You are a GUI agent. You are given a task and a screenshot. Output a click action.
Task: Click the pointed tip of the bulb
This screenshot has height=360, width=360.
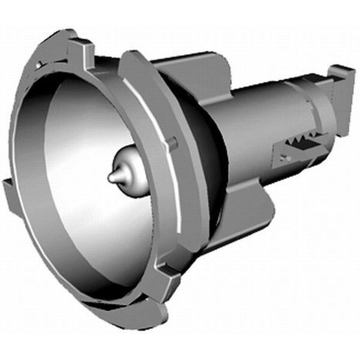pyautogui.click(x=112, y=178)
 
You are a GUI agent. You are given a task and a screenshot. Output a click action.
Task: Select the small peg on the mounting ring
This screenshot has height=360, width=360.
pyautogui.click(x=173, y=142)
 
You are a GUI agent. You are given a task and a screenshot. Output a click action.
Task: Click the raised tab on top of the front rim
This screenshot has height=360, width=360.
pyautogui.click(x=79, y=46)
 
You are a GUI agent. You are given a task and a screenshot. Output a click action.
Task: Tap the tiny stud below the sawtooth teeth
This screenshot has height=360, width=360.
pyautogui.click(x=286, y=158)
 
